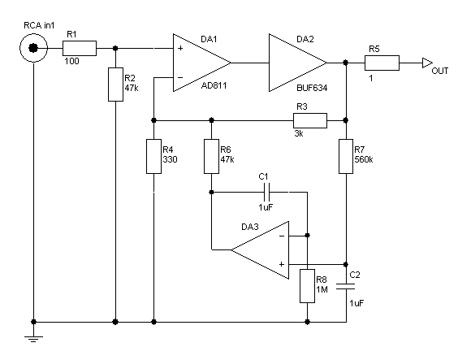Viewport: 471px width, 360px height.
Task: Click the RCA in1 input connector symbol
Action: tap(33, 48)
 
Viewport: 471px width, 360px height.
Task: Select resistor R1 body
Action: tap(80, 48)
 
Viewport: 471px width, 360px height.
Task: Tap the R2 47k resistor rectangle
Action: tap(115, 85)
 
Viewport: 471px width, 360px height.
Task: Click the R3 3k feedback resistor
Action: tap(310, 120)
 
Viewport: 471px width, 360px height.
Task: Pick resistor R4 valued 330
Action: tap(153, 156)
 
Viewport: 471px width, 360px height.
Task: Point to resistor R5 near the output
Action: tap(382, 63)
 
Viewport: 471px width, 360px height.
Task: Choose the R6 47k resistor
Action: tap(211, 156)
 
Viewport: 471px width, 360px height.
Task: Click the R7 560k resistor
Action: tap(346, 156)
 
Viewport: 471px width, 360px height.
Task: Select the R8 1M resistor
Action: tap(307, 286)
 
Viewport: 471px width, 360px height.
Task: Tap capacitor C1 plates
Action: tap(266, 192)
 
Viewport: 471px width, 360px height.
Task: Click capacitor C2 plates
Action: tap(346, 286)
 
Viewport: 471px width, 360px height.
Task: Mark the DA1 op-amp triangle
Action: tap(202, 63)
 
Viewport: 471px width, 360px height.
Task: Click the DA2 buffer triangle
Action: tap(298, 63)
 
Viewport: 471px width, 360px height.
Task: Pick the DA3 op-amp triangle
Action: tap(260, 250)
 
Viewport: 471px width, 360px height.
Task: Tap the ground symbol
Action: tap(33, 339)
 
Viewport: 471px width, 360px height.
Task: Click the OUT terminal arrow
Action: tap(427, 63)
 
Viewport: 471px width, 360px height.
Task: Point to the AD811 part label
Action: tap(214, 85)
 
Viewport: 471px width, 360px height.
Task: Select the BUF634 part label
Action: tap(312, 88)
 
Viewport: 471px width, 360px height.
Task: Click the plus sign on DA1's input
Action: tap(180, 48)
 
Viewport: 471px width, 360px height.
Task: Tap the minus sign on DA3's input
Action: tap(282, 236)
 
